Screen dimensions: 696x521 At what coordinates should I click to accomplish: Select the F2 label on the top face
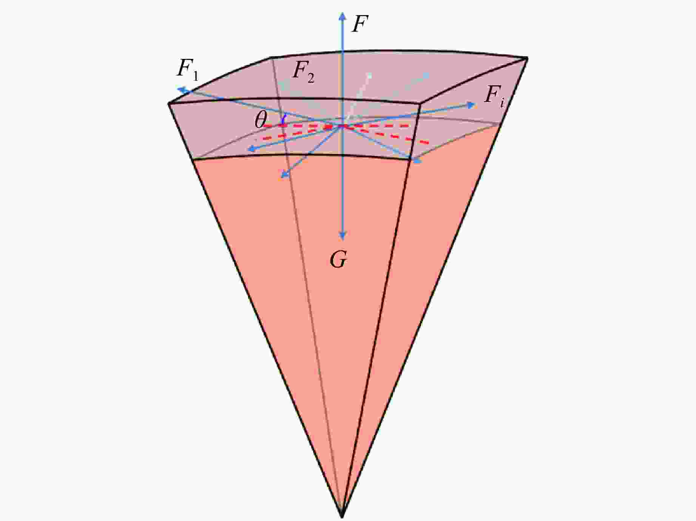pos(303,72)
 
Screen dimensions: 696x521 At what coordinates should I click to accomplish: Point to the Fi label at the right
pos(494,96)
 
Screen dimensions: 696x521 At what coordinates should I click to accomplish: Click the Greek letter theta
pos(261,120)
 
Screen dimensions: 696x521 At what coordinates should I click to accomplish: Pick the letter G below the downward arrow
pos(338,260)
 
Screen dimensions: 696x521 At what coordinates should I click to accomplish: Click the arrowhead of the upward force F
pos(343,15)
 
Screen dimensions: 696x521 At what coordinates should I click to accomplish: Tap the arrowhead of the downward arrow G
pos(343,236)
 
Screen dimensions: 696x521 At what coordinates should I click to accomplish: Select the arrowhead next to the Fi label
pos(471,105)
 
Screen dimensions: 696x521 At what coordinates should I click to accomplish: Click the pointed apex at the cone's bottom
pos(342,517)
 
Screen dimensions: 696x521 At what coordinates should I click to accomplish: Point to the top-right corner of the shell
pos(527,58)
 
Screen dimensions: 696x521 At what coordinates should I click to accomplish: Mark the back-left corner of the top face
pos(271,57)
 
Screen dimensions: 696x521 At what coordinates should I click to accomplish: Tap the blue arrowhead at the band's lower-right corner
pos(417,161)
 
